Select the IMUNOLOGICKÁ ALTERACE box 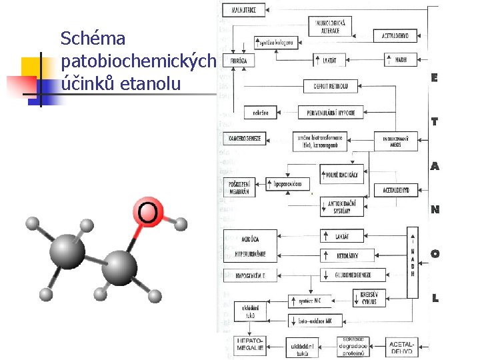(x=330, y=27)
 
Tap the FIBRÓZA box (x=238, y=60)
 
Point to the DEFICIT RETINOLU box (x=331, y=86)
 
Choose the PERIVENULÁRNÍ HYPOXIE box (x=331, y=113)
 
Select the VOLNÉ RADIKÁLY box (x=343, y=175)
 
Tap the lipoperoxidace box (x=289, y=183)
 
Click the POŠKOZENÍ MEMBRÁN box (x=238, y=187)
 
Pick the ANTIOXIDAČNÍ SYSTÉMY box (x=343, y=207)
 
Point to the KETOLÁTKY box (x=343, y=255)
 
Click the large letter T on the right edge (x=435, y=121)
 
